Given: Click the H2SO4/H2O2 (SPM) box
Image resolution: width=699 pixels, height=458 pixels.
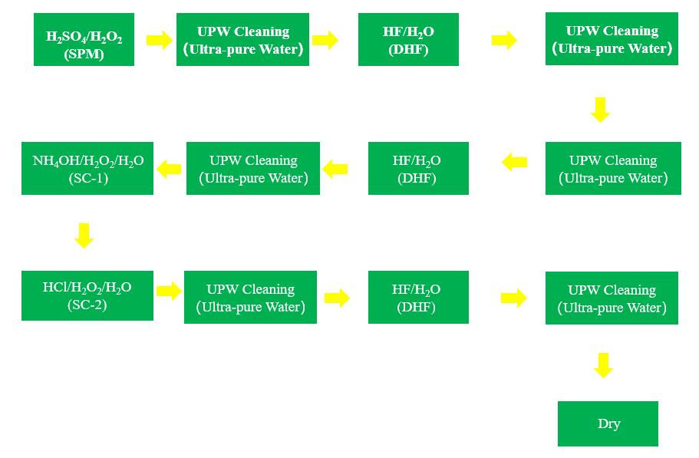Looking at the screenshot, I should pos(84,40).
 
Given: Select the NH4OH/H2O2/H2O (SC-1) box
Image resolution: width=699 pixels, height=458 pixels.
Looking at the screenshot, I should pos(87,169).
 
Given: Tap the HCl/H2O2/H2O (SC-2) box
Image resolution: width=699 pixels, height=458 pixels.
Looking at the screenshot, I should pos(87,295).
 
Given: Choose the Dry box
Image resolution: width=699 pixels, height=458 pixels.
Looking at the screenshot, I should pos(608,423).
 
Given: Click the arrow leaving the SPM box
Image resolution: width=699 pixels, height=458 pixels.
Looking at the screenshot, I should pos(159,40).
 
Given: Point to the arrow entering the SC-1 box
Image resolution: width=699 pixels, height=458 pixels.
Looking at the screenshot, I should pos(169,169).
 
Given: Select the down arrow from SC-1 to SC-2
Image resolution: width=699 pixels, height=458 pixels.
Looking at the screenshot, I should pos(84,235).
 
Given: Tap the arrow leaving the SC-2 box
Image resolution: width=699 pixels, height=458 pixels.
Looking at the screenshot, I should pos(169,291).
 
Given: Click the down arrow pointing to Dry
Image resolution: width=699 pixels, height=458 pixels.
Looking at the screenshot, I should pos(604,365).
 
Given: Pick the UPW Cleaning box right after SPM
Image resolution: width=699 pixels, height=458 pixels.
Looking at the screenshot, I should pos(242,40).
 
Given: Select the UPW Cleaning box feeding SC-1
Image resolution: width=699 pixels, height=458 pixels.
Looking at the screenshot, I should pos(253,169).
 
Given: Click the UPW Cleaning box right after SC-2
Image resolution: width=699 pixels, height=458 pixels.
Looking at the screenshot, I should pos(250,298).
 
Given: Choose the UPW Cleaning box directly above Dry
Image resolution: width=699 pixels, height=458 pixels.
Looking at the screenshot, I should pos(612,298).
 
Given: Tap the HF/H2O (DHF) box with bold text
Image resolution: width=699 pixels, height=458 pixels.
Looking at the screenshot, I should pos(408,40).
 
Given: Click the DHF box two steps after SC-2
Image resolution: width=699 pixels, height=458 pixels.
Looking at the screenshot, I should pos(418,298).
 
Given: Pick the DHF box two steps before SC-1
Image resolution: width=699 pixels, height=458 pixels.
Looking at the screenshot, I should pos(418,169).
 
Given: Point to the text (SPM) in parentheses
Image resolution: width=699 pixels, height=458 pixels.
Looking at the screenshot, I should pos(84,54).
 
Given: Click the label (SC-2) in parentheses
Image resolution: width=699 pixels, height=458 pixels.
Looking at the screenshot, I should pos(87,305).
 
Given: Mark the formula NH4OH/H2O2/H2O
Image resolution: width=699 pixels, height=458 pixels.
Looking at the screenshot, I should pos(87,161).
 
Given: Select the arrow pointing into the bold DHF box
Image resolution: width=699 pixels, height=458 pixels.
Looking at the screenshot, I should pos(325,40).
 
